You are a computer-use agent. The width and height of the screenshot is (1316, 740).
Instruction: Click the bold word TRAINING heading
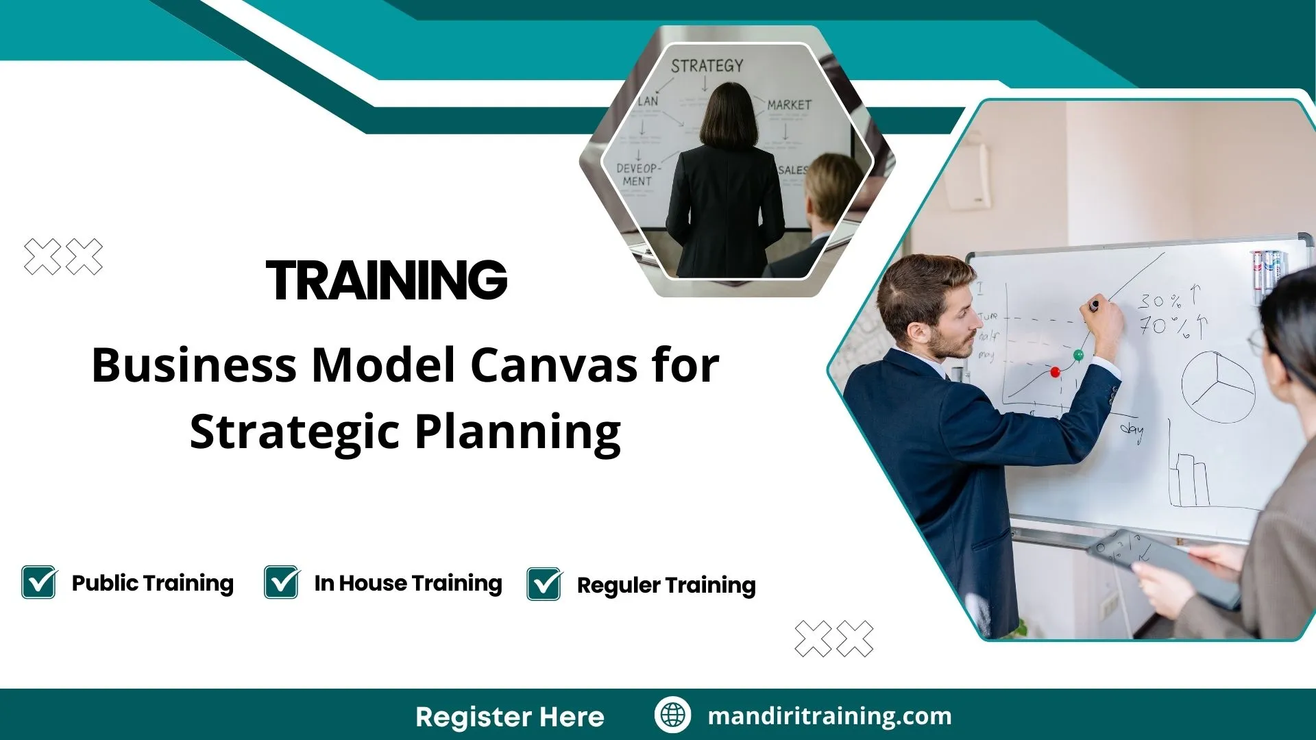pos(387,280)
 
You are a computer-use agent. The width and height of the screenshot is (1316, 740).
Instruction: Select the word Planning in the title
pos(518,432)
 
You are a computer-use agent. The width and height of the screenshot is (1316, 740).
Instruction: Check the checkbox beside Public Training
pos(39,582)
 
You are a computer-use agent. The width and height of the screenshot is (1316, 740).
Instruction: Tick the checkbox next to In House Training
pos(281,582)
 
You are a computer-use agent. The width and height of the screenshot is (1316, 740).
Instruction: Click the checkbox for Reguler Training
pos(544,584)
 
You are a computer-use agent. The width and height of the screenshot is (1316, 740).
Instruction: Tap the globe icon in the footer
pos(672,715)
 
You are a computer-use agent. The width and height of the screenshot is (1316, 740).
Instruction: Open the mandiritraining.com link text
pos(829,716)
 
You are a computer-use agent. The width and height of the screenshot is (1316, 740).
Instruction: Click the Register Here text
pos(510,717)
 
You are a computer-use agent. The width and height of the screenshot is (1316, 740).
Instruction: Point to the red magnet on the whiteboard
pos(1055,372)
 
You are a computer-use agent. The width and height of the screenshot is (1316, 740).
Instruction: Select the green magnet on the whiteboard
pos(1078,355)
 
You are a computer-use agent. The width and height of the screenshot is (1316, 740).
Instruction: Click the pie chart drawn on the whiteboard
pos(1218,387)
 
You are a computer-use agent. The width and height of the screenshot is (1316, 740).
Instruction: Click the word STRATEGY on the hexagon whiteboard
pos(707,66)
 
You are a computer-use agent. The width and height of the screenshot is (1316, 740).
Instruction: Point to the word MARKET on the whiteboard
pos(789,105)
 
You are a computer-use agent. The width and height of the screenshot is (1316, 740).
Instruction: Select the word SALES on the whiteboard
pos(793,169)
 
